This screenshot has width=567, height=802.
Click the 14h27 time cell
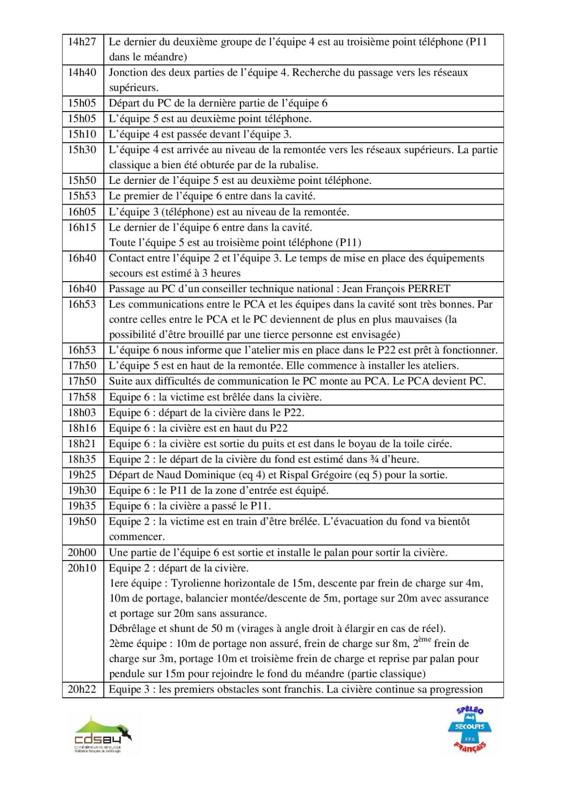(x=82, y=42)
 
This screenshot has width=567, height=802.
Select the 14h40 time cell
(x=82, y=73)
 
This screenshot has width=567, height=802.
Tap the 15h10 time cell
(x=82, y=135)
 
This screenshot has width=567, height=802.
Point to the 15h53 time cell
(x=82, y=196)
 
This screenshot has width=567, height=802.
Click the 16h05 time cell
(x=82, y=212)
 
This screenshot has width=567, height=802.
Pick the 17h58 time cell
(x=82, y=397)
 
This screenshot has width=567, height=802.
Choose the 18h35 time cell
(x=82, y=459)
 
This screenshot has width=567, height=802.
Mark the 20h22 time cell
(x=82, y=690)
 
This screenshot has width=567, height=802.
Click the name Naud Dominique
(x=196, y=475)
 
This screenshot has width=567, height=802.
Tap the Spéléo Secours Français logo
(x=470, y=729)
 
